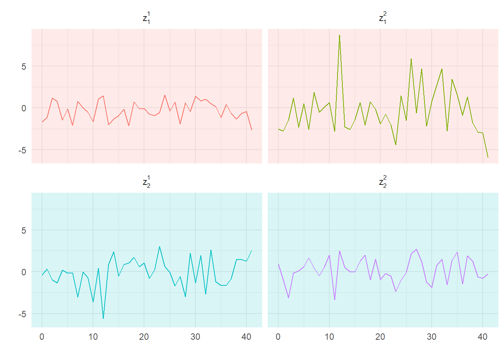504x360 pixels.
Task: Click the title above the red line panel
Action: [x=147, y=18]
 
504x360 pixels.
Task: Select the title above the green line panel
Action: [x=383, y=18]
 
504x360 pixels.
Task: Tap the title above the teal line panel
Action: [x=147, y=182]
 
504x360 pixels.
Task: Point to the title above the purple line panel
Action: [x=383, y=182]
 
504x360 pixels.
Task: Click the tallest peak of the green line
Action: [x=339, y=35]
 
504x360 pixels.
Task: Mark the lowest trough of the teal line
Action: [x=103, y=318]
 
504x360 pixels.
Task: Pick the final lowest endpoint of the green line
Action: [x=488, y=157]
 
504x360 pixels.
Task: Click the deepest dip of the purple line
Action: [x=334, y=299]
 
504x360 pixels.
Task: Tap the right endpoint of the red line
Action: [x=252, y=130]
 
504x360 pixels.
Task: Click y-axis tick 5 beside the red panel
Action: [x=24, y=66]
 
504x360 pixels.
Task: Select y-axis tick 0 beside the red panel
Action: [x=24, y=108]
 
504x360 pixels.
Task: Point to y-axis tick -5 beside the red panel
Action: [x=22, y=150]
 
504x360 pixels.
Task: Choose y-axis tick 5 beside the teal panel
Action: [x=24, y=230]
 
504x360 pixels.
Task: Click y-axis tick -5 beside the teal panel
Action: [x=22, y=314]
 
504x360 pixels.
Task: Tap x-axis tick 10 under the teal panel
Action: [x=93, y=337]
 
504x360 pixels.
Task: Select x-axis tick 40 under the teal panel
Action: [x=246, y=337]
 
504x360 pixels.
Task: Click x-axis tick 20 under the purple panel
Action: [x=380, y=337]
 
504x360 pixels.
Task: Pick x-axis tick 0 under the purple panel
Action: [x=278, y=337]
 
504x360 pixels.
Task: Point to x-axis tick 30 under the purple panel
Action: [x=432, y=337]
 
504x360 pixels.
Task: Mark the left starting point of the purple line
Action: [x=278, y=264]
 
